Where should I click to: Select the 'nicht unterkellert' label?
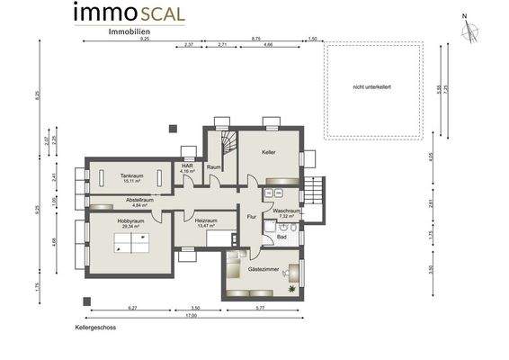pos(372,86)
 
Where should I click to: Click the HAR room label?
pos(187,166)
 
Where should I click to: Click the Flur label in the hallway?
pos(252,217)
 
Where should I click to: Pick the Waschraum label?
pos(286,212)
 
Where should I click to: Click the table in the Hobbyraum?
pos(131,239)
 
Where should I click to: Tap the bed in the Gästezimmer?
pos(237,269)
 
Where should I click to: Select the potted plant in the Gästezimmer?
pos(292,289)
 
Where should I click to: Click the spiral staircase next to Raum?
pos(225,139)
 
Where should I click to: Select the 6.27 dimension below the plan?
pos(131,308)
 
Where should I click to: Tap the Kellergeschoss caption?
pos(96,328)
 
